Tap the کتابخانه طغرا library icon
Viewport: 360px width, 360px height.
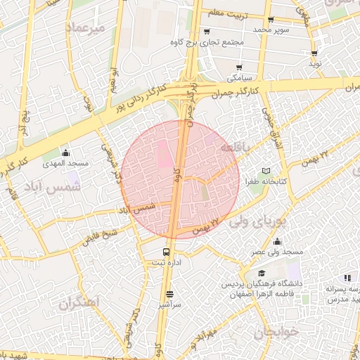pyautogui.click(x=265, y=171)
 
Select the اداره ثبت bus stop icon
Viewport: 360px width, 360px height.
pyautogui.click(x=167, y=252)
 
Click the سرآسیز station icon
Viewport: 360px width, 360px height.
pyautogui.click(x=169, y=295)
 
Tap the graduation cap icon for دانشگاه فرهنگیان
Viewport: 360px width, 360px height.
pyautogui.click(x=262, y=274)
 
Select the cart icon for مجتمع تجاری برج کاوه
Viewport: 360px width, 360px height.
pyautogui.click(x=207, y=32)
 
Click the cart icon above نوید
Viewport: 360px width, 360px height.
pyautogui.click(x=314, y=53)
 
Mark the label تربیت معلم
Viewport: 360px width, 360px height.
pyautogui.click(x=226, y=11)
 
